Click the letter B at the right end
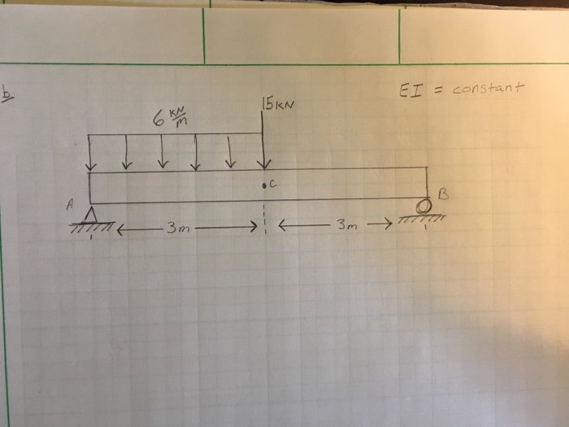[442, 194]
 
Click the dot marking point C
[264, 185]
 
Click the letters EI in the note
[411, 89]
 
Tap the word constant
[488, 87]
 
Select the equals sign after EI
[437, 89]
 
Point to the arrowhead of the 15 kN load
[263, 163]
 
